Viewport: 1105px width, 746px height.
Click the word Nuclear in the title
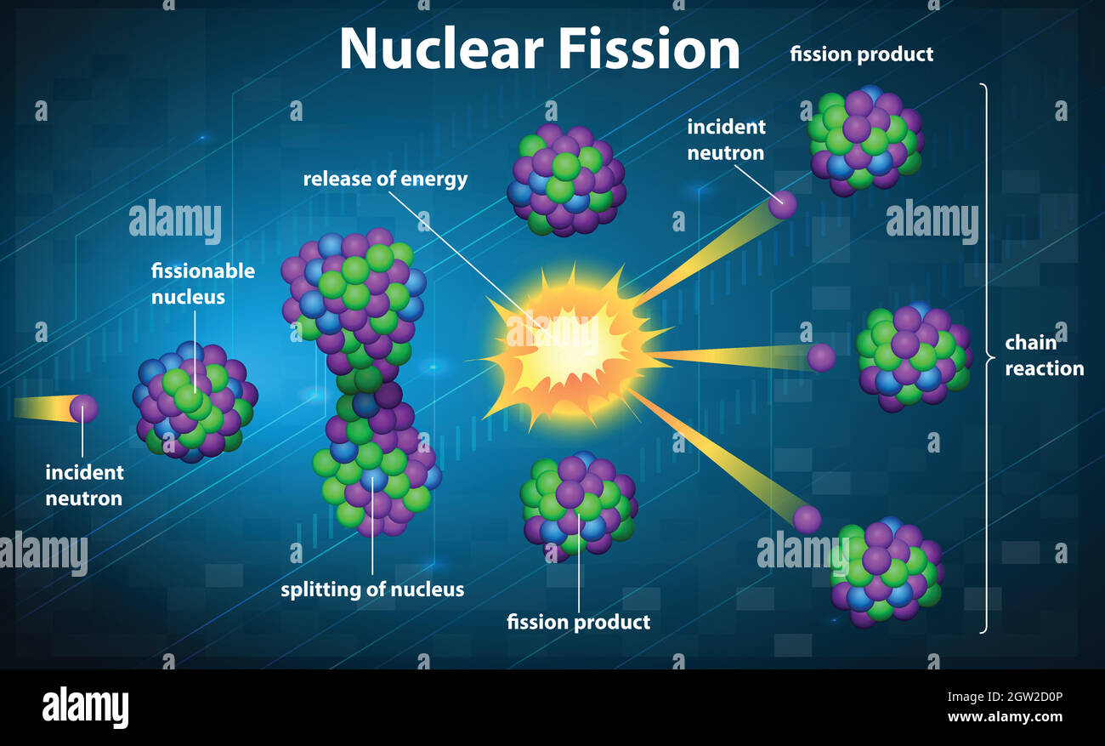440,49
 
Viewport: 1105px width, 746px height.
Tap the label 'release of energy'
385,179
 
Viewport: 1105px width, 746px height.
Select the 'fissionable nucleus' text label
202,283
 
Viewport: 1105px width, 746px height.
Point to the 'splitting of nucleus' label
372,589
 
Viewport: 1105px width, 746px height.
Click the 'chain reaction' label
1044,356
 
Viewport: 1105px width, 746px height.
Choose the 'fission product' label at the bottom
578,622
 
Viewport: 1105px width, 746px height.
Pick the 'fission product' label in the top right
861,54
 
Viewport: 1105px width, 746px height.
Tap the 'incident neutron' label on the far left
83,485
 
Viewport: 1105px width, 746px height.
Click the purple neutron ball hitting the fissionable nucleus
83,408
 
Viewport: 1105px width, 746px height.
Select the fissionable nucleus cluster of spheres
195,402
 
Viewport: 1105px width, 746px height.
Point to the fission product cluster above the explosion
565,180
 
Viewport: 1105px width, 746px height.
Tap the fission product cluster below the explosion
578,504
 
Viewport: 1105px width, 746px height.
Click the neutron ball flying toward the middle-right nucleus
820,357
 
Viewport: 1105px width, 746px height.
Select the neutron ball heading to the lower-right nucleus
807,519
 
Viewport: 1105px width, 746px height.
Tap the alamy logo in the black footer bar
85,707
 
